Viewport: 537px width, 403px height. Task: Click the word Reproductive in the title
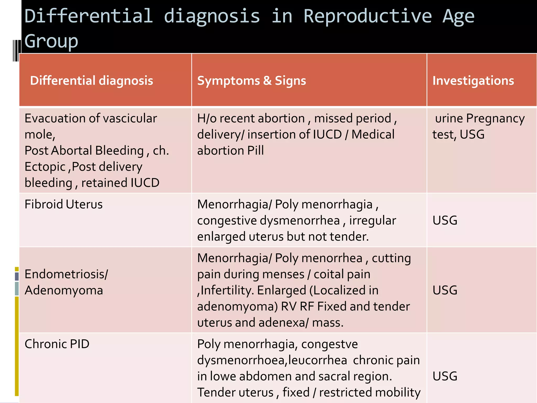367,16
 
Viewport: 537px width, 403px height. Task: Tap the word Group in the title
51,41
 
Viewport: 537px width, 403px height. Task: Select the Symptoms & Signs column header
251,81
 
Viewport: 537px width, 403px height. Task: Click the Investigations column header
473,81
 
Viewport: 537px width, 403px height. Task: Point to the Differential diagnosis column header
92,81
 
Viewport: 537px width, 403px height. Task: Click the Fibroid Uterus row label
63,204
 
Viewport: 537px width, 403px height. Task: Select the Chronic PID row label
57,344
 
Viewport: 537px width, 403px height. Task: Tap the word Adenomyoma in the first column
64,290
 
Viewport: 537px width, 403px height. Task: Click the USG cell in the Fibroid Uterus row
445,220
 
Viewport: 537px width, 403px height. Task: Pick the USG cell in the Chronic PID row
445,376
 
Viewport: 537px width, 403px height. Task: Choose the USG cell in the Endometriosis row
445,290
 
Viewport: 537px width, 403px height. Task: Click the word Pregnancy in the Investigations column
495,119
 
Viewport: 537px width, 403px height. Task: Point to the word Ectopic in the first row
45,167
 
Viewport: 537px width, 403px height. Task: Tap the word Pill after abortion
255,151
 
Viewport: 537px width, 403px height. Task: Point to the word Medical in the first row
373,135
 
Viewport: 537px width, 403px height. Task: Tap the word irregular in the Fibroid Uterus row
372,220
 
